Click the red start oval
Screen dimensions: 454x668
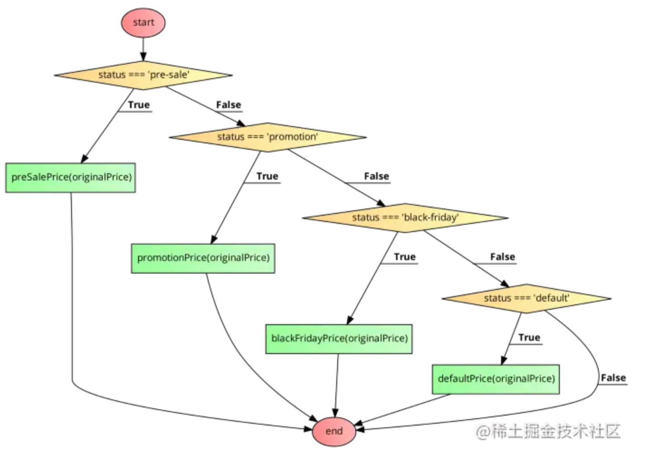[143, 23]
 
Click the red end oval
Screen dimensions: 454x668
[334, 431]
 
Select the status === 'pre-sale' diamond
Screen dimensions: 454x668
[143, 75]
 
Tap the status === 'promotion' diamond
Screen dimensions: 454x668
[267, 137]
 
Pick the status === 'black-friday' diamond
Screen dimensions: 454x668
[405, 218]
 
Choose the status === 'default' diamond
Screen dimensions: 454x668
[526, 298]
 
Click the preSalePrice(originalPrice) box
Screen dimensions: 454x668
[71, 178]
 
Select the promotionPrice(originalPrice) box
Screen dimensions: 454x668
[203, 258]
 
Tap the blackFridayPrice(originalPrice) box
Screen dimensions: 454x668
[339, 339]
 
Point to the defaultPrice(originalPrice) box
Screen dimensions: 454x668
[496, 379]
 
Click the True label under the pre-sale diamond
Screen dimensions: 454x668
[138, 105]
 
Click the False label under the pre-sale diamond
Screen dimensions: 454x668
[229, 105]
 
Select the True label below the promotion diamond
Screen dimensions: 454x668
[267, 176]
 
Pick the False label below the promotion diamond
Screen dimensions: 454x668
[377, 176]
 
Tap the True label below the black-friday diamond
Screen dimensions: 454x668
[405, 257]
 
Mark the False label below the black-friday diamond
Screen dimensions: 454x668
[502, 257]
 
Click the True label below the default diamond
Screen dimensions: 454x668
[529, 338]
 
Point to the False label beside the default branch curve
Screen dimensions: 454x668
[613, 378]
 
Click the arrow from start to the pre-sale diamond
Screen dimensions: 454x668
[143, 49]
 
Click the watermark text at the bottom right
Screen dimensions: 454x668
[548, 431]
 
